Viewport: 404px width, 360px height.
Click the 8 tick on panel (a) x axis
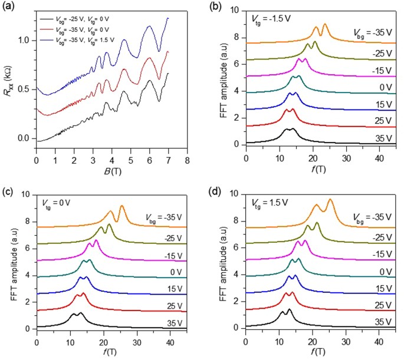tap(187, 160)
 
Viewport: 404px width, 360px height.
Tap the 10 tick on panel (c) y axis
tap(28, 194)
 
